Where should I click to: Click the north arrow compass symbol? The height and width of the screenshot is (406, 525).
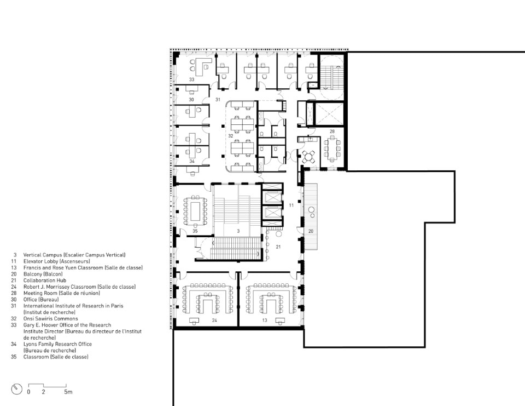pyautogui.click(x=17, y=389)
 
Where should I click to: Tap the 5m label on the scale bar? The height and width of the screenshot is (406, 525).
pyautogui.click(x=68, y=392)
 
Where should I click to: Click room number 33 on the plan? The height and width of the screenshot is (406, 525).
pyautogui.click(x=191, y=79)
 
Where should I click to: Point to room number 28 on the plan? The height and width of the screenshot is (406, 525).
pyautogui.click(x=332, y=131)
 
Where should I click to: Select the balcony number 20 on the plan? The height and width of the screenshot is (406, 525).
pyautogui.click(x=311, y=231)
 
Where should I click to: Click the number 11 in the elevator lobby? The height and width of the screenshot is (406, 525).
pyautogui.click(x=291, y=205)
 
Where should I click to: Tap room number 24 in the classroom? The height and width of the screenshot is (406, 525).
pyautogui.click(x=214, y=320)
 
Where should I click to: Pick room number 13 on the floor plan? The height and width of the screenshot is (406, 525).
pyautogui.click(x=265, y=320)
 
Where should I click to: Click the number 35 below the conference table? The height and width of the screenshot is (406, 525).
pyautogui.click(x=195, y=231)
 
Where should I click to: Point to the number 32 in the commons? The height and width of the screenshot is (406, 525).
pyautogui.click(x=230, y=136)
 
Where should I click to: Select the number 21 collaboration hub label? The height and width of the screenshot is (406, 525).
pyautogui.click(x=278, y=247)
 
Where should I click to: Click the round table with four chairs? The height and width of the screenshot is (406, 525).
pyautogui.click(x=308, y=157)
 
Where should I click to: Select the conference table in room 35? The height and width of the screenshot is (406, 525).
pyautogui.click(x=195, y=211)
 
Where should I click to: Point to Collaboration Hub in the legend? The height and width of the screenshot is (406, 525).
pyautogui.click(x=45, y=281)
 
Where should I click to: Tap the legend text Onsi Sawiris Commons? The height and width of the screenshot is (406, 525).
pyautogui.click(x=50, y=319)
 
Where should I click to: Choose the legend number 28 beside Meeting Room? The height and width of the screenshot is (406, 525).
pyautogui.click(x=14, y=293)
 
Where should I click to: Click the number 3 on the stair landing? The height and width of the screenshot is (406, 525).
pyautogui.click(x=238, y=231)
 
